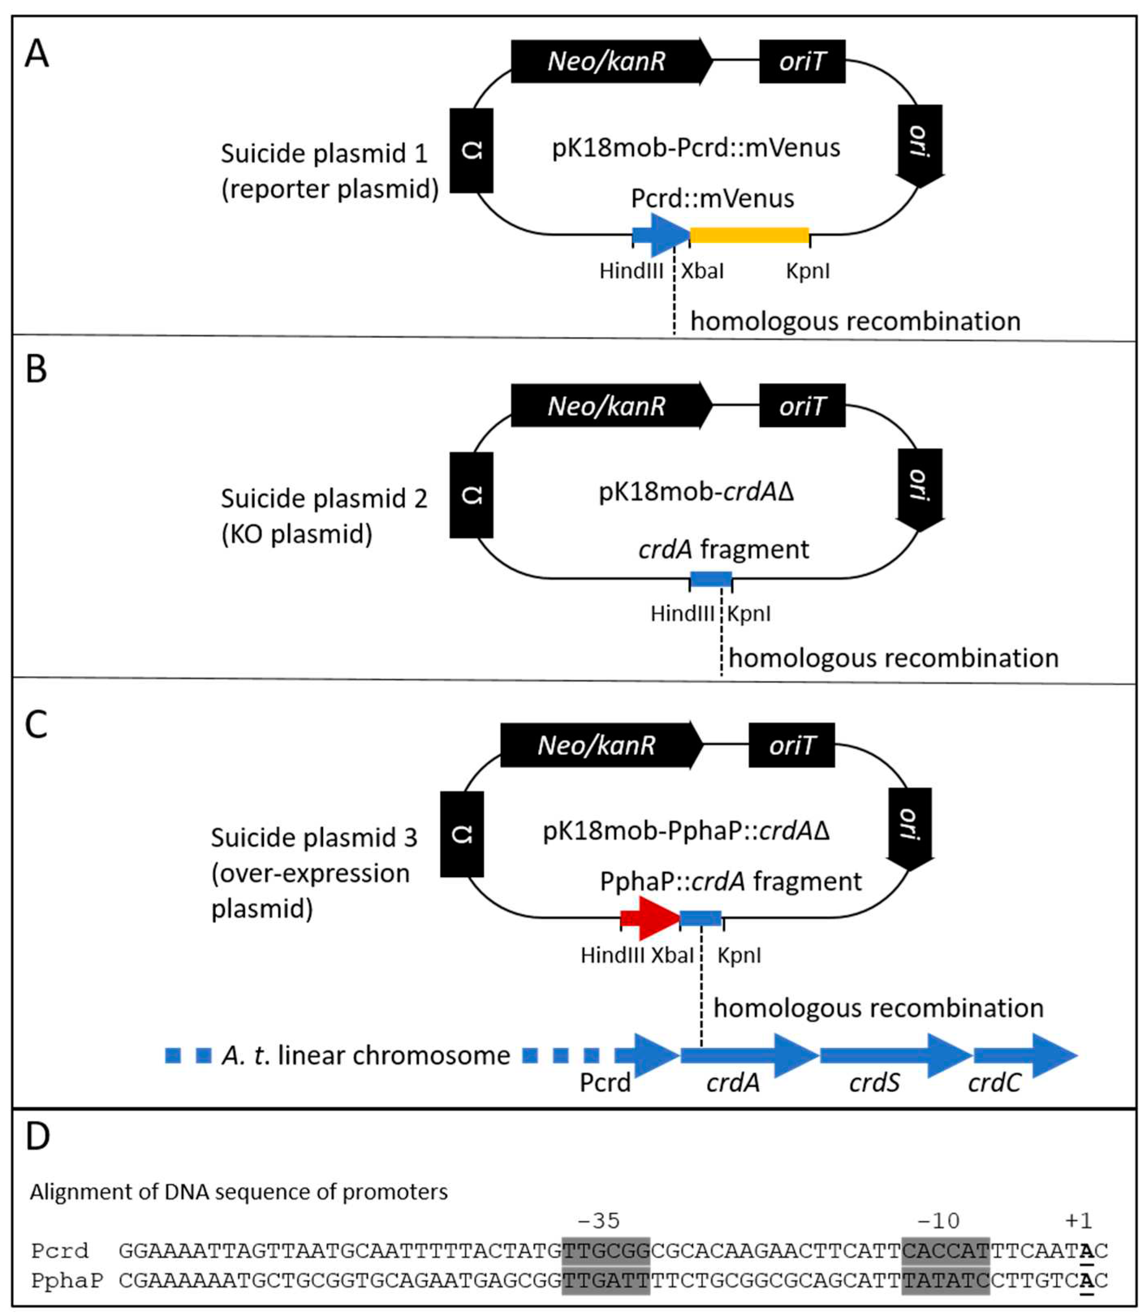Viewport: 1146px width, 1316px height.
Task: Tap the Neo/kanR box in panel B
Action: coord(611,406)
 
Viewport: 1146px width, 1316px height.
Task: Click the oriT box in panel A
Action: coord(802,61)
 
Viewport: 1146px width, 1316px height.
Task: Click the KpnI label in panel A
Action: coord(808,271)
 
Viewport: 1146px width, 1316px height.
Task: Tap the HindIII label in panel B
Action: coord(682,614)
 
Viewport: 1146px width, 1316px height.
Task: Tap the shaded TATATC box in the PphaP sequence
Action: coord(945,1280)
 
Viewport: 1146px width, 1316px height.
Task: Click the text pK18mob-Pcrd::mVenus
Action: coord(696,148)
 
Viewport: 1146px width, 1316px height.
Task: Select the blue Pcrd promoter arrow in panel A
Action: coord(660,235)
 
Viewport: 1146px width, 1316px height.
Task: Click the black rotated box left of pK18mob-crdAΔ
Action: coord(471,495)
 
